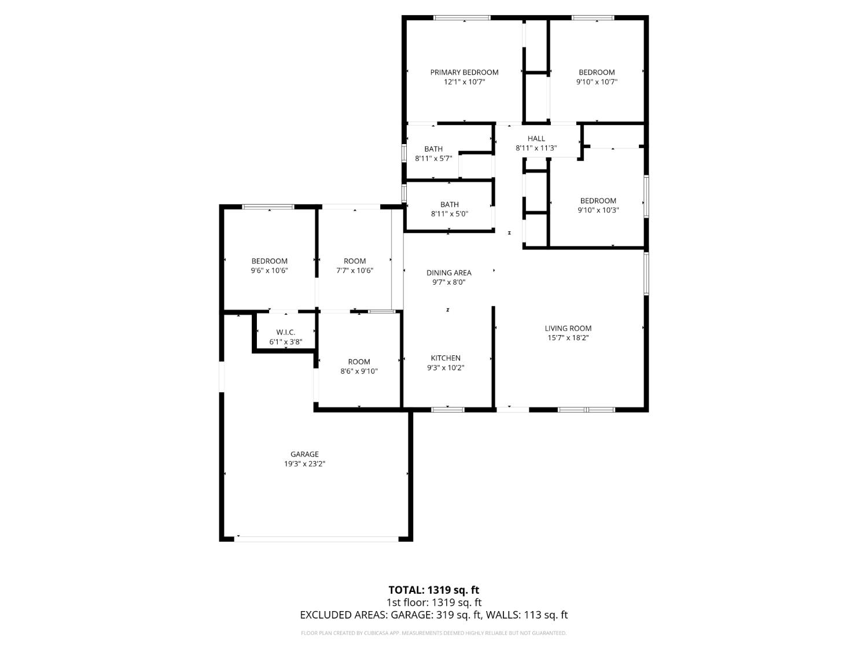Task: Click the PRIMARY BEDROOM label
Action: click(x=464, y=72)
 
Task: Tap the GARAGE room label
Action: click(x=304, y=454)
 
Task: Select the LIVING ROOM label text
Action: click(x=568, y=328)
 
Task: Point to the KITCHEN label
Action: click(x=446, y=358)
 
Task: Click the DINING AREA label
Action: click(x=449, y=273)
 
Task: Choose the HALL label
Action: click(x=536, y=138)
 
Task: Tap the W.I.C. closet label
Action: click(x=286, y=332)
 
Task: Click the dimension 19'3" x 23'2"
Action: click(x=304, y=464)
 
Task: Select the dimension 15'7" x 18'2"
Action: click(x=568, y=337)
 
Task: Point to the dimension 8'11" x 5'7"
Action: click(x=433, y=158)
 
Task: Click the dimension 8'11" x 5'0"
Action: click(x=450, y=214)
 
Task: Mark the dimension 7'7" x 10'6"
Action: click(x=355, y=270)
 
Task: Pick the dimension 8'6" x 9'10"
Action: click(x=359, y=371)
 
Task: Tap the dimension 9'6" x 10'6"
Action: click(x=269, y=270)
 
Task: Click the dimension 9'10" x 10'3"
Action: click(x=598, y=210)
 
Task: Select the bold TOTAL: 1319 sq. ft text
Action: click(x=433, y=590)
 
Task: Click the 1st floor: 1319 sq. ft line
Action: click(x=433, y=602)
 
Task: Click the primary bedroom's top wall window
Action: click(x=462, y=18)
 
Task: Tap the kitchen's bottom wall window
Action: click(x=448, y=410)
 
